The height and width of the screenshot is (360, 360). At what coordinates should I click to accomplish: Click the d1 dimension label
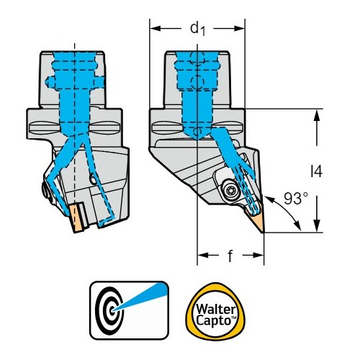click(x=198, y=29)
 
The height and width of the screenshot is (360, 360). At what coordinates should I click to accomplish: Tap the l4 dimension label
click(x=316, y=171)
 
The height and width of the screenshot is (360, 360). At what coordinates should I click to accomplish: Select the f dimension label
click(x=230, y=256)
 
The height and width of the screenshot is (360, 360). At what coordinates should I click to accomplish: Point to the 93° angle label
click(x=296, y=199)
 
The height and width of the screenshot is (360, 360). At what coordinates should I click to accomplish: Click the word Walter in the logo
click(x=215, y=309)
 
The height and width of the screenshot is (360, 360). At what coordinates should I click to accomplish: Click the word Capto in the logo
click(x=213, y=320)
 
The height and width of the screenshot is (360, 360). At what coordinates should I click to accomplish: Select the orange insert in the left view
click(x=77, y=217)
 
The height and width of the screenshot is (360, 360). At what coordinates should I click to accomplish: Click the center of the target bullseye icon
click(x=112, y=310)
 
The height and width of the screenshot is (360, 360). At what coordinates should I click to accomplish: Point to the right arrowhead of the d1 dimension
click(x=240, y=29)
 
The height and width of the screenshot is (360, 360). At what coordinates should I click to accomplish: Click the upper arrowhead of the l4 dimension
click(x=317, y=114)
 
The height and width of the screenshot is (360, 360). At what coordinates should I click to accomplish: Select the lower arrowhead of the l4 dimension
click(x=317, y=227)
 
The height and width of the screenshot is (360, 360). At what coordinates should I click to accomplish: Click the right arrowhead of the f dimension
click(x=258, y=255)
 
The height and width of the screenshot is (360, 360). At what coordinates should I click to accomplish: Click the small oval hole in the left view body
click(x=92, y=179)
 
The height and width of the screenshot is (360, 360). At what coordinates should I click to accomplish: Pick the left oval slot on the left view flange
click(x=45, y=127)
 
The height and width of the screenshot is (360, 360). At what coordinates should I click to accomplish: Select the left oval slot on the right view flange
click(x=168, y=127)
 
